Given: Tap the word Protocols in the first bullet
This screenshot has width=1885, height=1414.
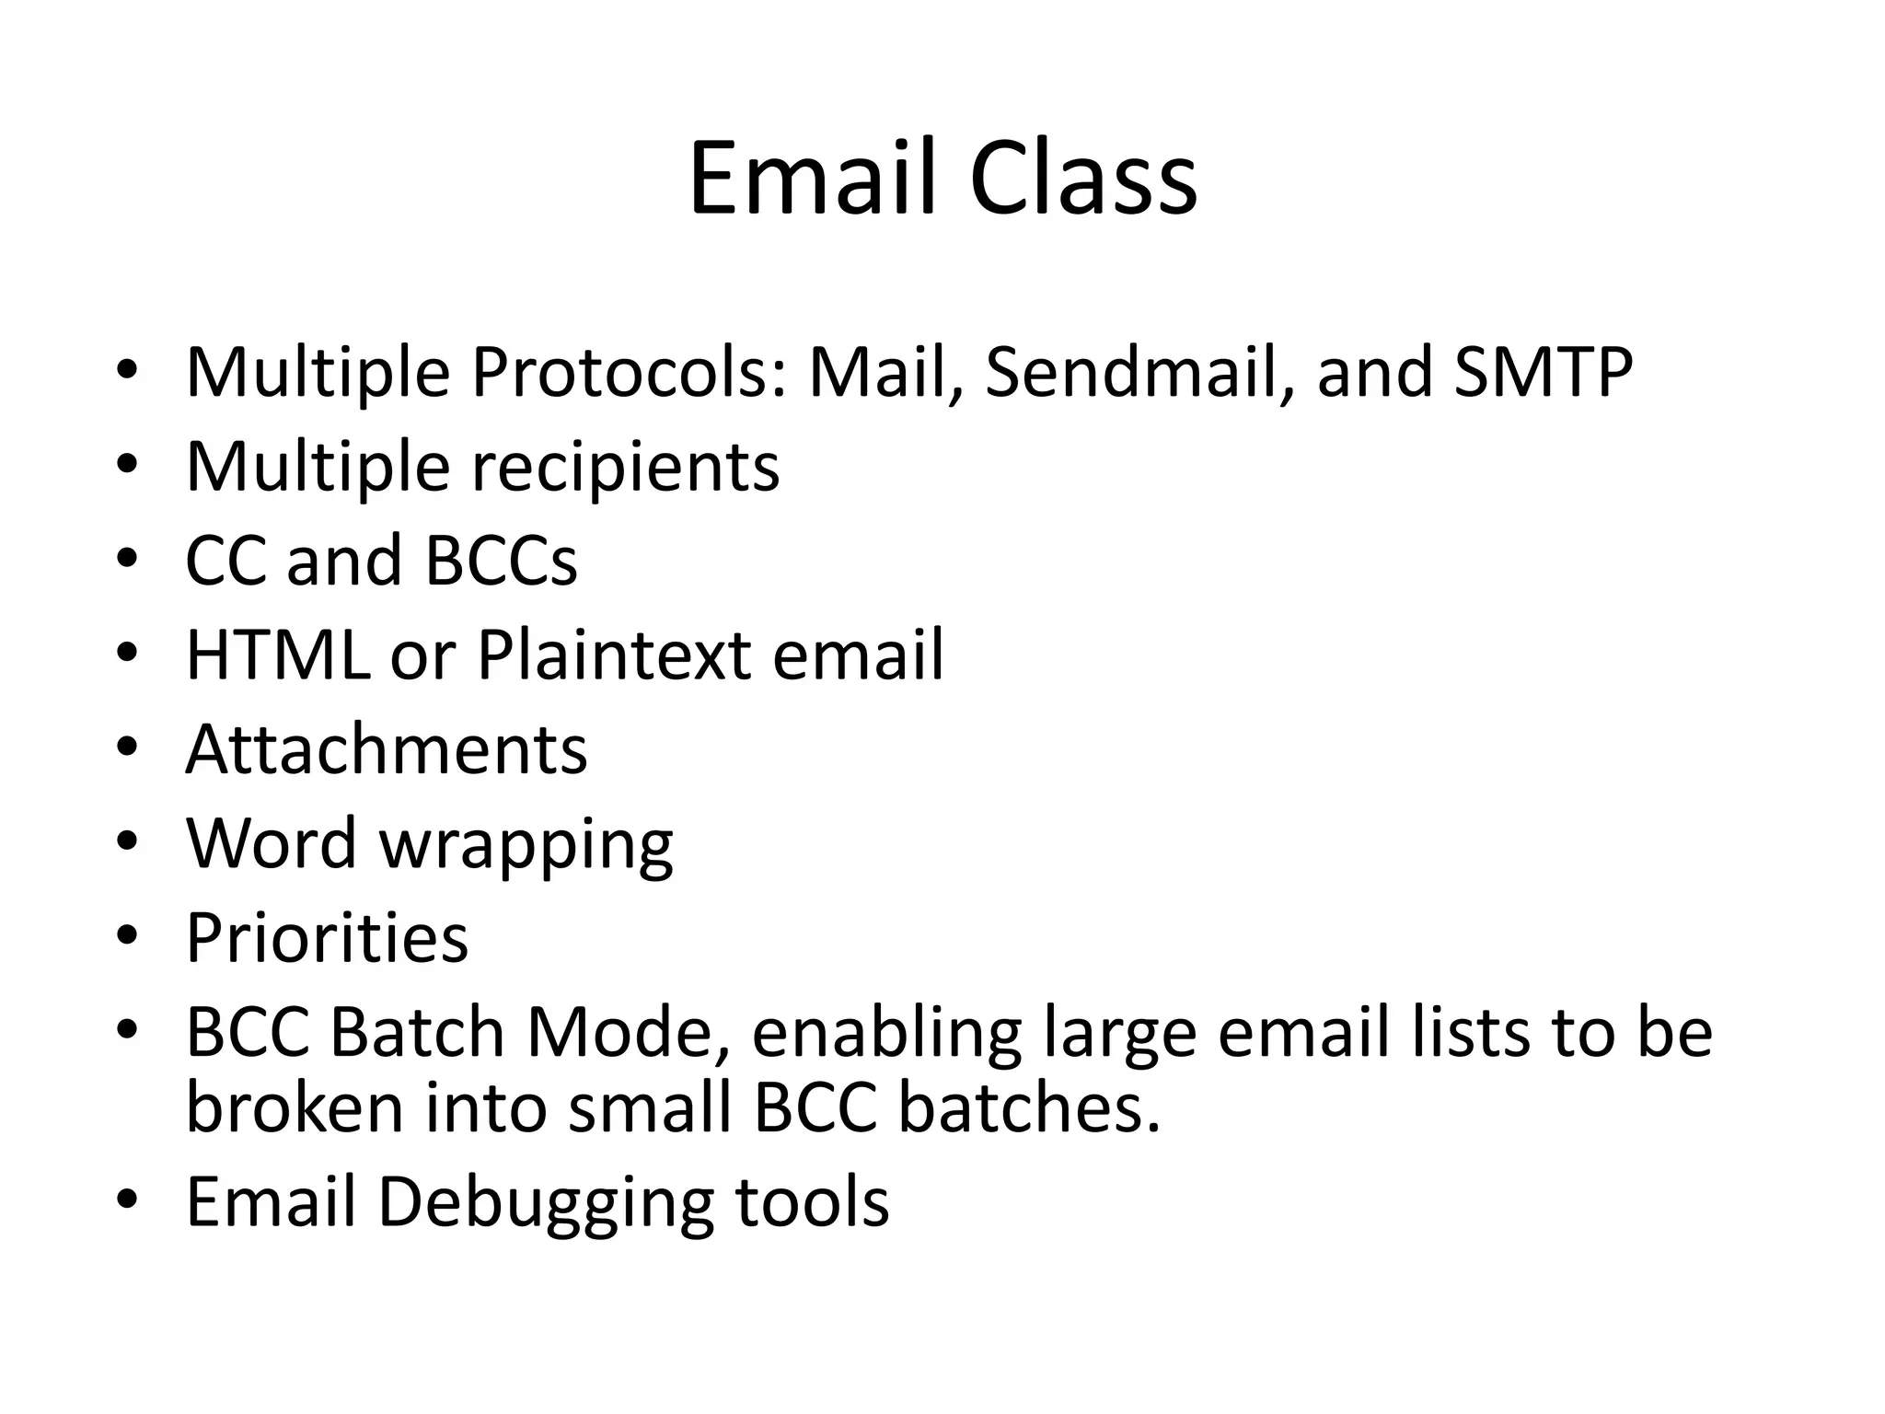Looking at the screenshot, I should point(629,372).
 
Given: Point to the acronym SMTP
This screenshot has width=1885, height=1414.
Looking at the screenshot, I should point(1544,372).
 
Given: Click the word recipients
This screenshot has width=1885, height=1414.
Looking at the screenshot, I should point(626,468).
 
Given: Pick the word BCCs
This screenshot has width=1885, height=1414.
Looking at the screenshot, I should point(501,561).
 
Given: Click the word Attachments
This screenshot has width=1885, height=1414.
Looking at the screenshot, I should point(387,749).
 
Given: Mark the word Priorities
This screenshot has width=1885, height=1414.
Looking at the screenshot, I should point(328,938).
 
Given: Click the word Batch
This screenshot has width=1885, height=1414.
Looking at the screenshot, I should point(417,1033).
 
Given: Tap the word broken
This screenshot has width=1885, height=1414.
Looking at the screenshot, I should point(295,1107).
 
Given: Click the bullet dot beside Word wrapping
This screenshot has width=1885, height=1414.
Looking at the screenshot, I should point(127,840).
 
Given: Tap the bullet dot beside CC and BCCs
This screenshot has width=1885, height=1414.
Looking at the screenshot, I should point(127,558).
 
